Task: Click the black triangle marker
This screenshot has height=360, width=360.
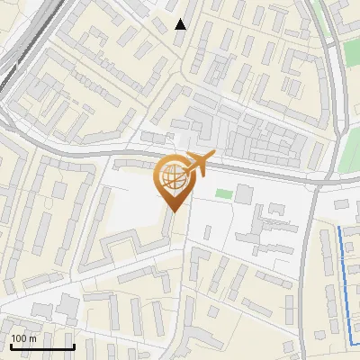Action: pyautogui.click(x=181, y=24)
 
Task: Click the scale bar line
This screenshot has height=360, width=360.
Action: pyautogui.click(x=41, y=346)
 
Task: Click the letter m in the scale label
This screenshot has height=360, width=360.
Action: pyautogui.click(x=33, y=338)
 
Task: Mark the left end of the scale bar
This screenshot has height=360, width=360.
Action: pyautogui.click(x=10, y=346)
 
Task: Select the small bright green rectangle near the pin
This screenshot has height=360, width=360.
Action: pyautogui.click(x=222, y=193)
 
